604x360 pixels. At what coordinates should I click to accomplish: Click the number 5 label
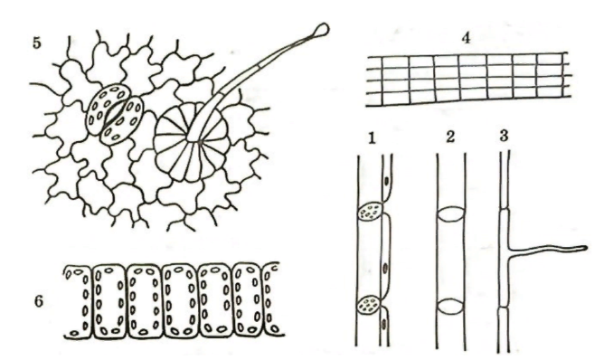[36, 43]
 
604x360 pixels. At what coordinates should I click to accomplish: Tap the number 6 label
[39, 301]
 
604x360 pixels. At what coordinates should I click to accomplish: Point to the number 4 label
[466, 38]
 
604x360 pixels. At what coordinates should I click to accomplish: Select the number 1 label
[372, 138]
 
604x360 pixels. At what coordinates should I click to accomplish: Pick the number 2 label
[450, 137]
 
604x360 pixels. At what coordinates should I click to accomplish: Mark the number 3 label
[504, 136]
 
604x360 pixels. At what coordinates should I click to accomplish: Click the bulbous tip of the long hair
[322, 29]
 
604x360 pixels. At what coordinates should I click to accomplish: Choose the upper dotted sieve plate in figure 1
[370, 212]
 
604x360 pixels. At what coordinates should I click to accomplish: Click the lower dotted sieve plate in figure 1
[370, 304]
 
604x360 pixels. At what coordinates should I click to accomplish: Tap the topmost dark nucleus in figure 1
[386, 180]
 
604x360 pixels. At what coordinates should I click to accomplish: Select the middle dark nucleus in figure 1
[385, 267]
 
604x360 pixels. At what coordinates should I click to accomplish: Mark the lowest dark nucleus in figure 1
[384, 324]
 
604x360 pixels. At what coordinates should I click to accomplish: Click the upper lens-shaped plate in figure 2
[450, 214]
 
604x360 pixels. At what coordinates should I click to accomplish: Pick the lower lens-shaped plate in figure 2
[450, 307]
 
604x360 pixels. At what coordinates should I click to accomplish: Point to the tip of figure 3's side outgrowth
[585, 248]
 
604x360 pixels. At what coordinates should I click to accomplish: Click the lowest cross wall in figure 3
[505, 308]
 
